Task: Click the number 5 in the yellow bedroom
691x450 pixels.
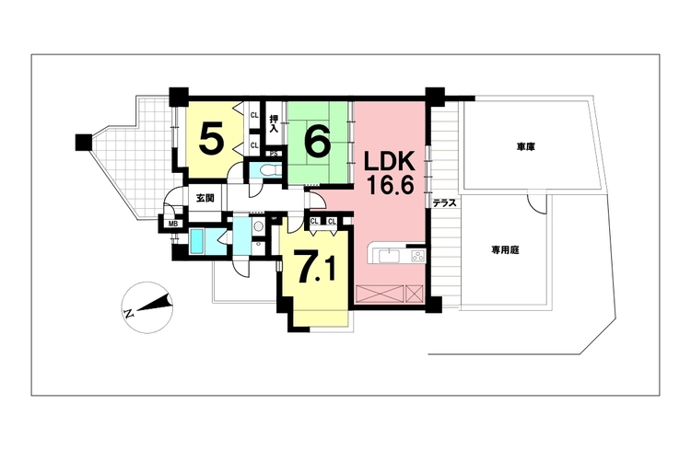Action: [211, 138]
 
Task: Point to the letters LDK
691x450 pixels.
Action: [389, 163]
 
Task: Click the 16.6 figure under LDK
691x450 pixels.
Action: [390, 186]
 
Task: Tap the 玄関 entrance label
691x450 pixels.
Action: [205, 198]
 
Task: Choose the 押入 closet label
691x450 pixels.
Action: [274, 123]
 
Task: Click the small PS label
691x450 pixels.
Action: [274, 154]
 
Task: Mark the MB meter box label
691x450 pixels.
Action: [173, 224]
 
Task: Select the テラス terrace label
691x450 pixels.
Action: [444, 203]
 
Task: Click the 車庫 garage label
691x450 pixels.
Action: [526, 147]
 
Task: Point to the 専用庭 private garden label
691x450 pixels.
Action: [506, 250]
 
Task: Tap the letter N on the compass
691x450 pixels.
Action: [129, 315]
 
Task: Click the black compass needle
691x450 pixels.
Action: [154, 304]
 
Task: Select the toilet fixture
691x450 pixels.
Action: [267, 169]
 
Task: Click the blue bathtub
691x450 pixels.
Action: [197, 241]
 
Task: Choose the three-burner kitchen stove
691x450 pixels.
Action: [417, 256]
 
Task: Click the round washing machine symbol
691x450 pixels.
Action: [258, 226]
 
